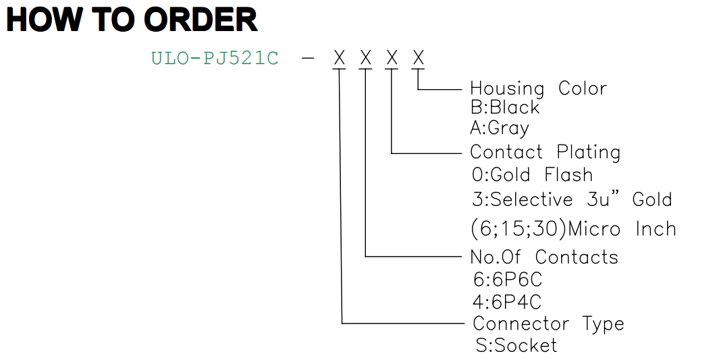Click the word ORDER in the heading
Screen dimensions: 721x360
[x=200, y=20]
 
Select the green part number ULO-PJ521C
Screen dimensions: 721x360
[x=215, y=59]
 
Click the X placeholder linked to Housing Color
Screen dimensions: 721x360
[x=418, y=58]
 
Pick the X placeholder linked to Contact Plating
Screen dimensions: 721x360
[x=392, y=58]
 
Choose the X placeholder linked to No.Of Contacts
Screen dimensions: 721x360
[x=365, y=58]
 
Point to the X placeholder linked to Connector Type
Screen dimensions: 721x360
[x=340, y=58]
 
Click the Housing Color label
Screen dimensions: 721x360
[x=539, y=88]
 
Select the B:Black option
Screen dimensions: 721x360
[x=505, y=107]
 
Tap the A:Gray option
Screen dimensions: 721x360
[x=500, y=128]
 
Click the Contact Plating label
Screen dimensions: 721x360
[x=545, y=152]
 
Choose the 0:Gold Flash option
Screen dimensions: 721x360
[x=532, y=175]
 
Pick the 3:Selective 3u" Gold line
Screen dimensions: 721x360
[x=572, y=199]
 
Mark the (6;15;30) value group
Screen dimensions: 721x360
[x=518, y=229]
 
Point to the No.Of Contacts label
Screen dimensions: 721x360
[x=544, y=257]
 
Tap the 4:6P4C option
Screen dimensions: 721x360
[x=507, y=302]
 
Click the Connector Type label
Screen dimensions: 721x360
[x=548, y=324]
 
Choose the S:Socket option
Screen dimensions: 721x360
[x=516, y=345]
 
